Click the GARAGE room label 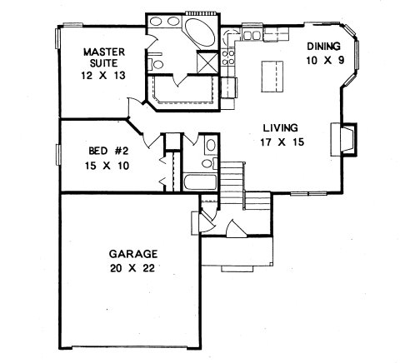(133, 254)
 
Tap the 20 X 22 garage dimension (132, 268)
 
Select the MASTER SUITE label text (104, 57)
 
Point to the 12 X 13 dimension (103, 76)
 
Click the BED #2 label (108, 152)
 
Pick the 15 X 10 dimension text (107, 166)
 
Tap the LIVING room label (281, 128)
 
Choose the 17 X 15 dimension (282, 142)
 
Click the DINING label (323, 46)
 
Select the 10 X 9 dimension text (325, 60)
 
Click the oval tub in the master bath (200, 32)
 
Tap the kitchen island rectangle (272, 77)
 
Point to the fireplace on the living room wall (343, 140)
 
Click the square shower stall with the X (207, 62)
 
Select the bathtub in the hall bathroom (200, 182)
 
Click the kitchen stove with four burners (228, 57)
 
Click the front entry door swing (237, 228)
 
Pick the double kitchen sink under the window (252, 35)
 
